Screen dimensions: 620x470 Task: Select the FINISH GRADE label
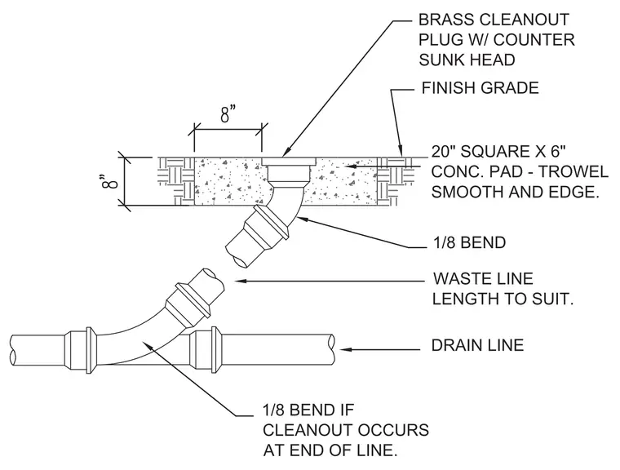pyautogui.click(x=480, y=88)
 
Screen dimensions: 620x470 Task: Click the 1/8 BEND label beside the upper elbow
pyautogui.click(x=469, y=242)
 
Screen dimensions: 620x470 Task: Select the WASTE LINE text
pyautogui.click(x=483, y=278)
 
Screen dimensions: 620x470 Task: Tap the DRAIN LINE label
pyautogui.click(x=478, y=345)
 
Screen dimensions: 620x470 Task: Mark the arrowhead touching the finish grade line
pyautogui.click(x=401, y=151)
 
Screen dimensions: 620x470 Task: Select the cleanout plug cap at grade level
pyautogui.click(x=290, y=162)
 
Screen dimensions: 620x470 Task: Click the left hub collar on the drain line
pyautogui.click(x=89, y=350)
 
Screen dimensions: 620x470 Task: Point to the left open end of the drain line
pyautogui.click(x=13, y=349)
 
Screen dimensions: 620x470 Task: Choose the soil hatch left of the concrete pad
pyautogui.click(x=176, y=182)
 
